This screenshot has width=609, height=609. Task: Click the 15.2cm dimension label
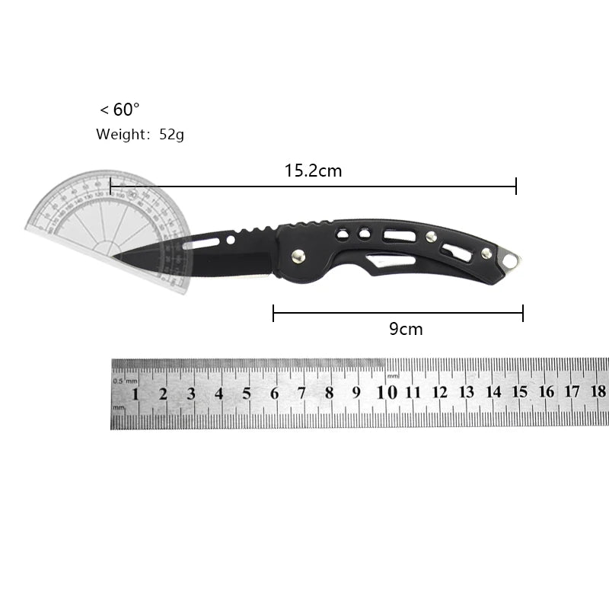(x=313, y=171)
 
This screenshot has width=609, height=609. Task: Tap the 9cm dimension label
(x=405, y=329)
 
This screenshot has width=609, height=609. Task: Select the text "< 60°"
(x=120, y=110)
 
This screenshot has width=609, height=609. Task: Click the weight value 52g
(x=171, y=135)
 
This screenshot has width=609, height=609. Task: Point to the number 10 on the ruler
(x=387, y=392)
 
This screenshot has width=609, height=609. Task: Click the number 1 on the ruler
(x=136, y=394)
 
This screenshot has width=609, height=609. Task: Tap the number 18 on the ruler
(x=598, y=391)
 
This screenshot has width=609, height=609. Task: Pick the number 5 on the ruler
(x=247, y=394)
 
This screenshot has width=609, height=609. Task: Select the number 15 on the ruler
(x=519, y=391)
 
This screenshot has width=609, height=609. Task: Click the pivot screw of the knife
(x=299, y=257)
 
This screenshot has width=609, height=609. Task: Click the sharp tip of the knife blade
(x=116, y=257)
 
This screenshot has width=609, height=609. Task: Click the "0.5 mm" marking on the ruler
(x=126, y=380)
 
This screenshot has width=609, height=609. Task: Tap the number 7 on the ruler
(x=301, y=394)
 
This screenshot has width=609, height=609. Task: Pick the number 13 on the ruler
(x=466, y=392)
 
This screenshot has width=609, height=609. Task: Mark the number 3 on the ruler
(x=191, y=394)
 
